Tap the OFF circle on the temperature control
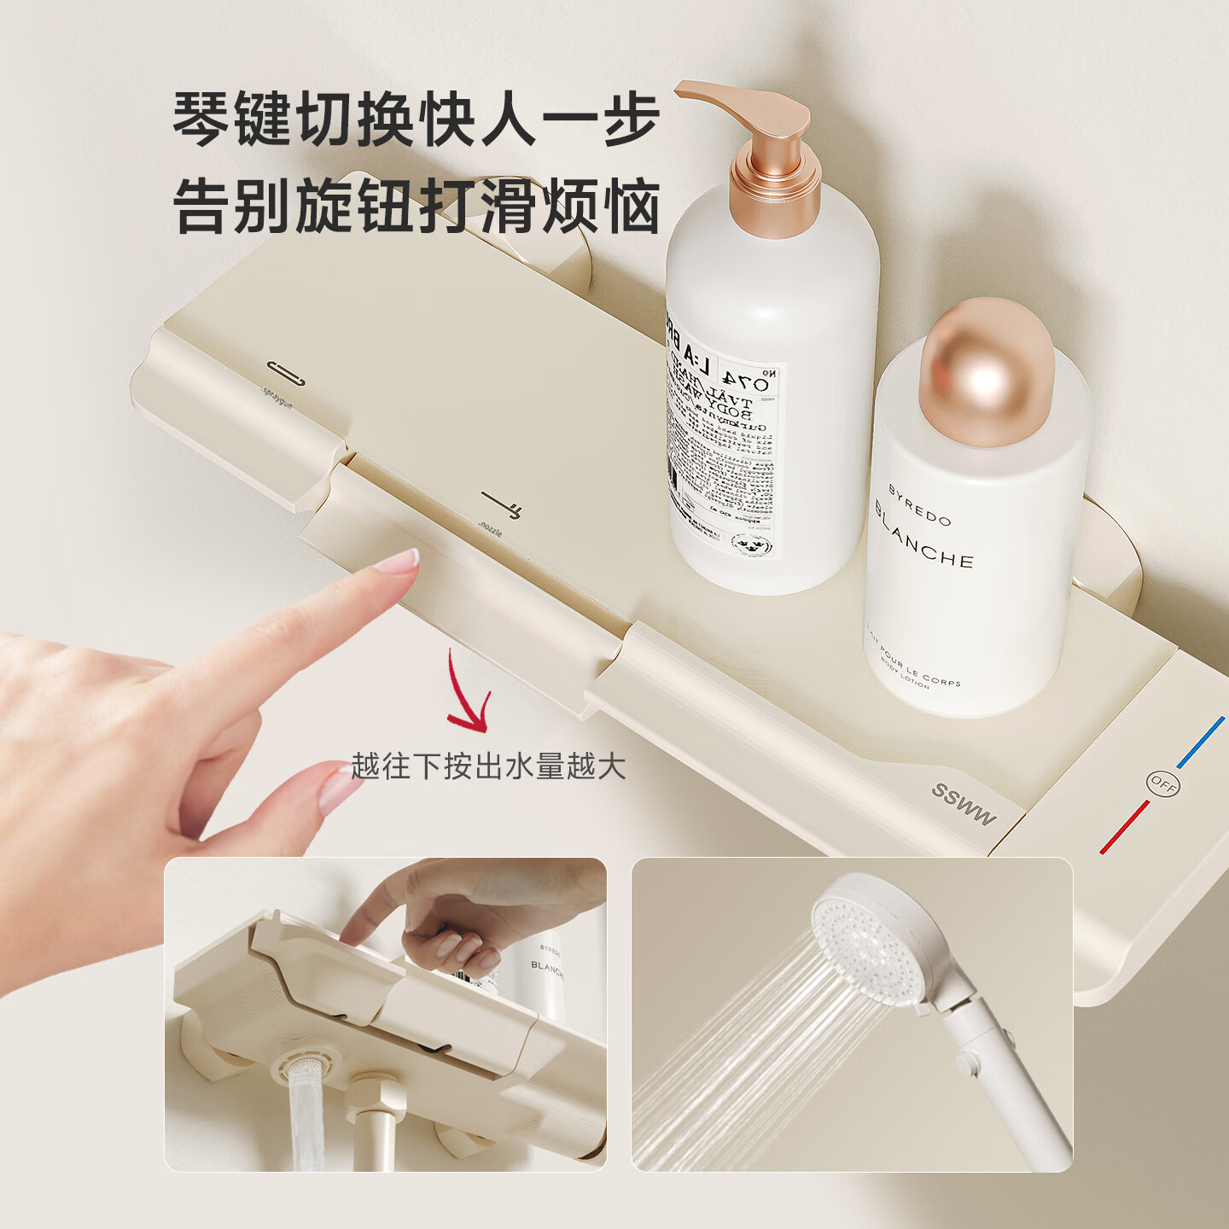coord(1162,783)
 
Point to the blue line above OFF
coord(1201,742)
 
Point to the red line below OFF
coord(1124,827)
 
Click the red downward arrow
coord(469,696)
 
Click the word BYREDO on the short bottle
coord(919,505)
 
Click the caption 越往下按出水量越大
coord(488,766)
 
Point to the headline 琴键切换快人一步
coord(416,119)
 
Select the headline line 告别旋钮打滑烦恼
coord(416,207)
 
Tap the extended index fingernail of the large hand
coord(398,563)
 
